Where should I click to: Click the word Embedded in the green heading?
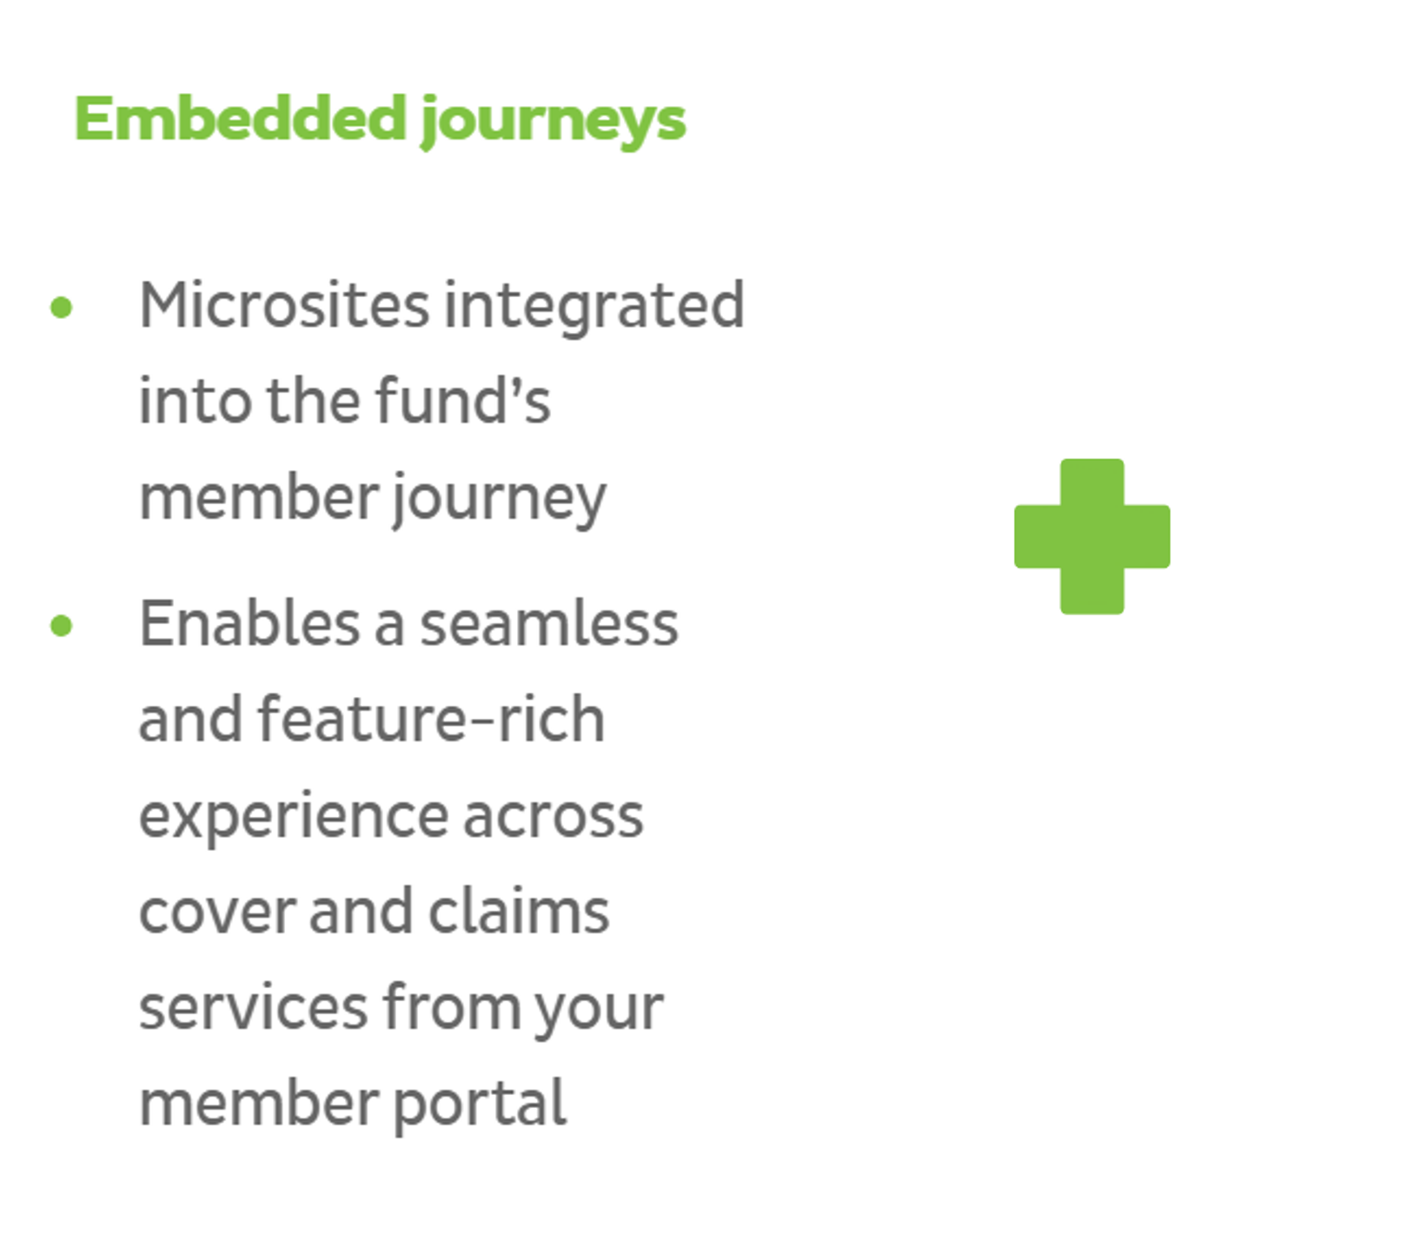tap(241, 118)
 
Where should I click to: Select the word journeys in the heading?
tap(553, 123)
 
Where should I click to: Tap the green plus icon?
tap(1092, 536)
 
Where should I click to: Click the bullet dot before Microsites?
tap(61, 307)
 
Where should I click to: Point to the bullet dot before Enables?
tap(61, 626)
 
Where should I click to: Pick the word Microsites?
tap(284, 305)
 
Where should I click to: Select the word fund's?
tap(463, 401)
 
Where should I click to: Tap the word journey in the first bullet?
tap(499, 500)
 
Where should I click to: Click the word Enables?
tap(249, 623)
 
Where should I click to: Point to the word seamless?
tap(549, 623)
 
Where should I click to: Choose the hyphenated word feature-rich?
tap(431, 719)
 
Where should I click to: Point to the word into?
tap(196, 401)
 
